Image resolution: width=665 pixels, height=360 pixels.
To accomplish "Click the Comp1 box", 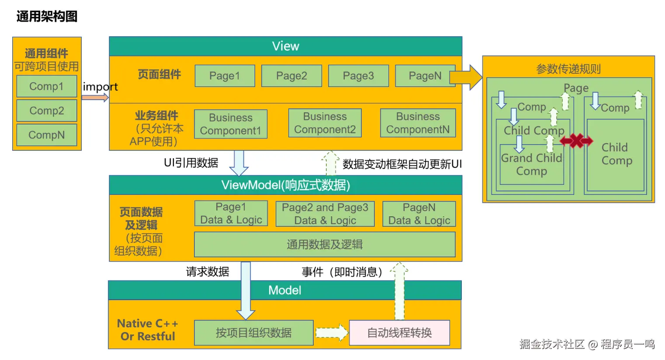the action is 47,86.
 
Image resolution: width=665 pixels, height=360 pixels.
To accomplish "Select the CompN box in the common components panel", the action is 47,135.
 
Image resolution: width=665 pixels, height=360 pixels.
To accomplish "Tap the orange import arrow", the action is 95,97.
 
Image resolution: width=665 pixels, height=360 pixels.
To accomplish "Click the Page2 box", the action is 291,76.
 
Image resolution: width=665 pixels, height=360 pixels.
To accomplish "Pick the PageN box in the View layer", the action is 425,76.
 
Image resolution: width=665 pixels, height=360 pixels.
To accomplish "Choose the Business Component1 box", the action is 231,124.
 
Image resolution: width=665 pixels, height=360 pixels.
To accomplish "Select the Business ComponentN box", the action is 418,123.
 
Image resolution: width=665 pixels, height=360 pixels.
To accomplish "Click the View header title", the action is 286,46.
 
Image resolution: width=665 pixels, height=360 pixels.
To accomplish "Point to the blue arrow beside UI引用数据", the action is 239,163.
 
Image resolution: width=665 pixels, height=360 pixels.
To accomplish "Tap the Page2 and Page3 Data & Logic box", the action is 325,214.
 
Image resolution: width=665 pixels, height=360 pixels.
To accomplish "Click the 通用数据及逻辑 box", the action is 325,245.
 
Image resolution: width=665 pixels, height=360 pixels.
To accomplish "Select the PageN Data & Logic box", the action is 419,214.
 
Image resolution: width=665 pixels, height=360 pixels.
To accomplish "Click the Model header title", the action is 285,290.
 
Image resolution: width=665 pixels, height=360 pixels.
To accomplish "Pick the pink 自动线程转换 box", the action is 400,333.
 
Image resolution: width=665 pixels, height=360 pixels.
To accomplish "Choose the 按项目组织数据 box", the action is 254,333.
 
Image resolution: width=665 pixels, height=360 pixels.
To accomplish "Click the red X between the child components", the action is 576,141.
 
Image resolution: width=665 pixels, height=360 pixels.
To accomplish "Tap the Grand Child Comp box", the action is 532,165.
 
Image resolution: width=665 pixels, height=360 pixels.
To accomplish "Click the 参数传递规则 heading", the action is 568,69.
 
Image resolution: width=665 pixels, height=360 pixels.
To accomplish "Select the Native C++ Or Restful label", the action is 148,330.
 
